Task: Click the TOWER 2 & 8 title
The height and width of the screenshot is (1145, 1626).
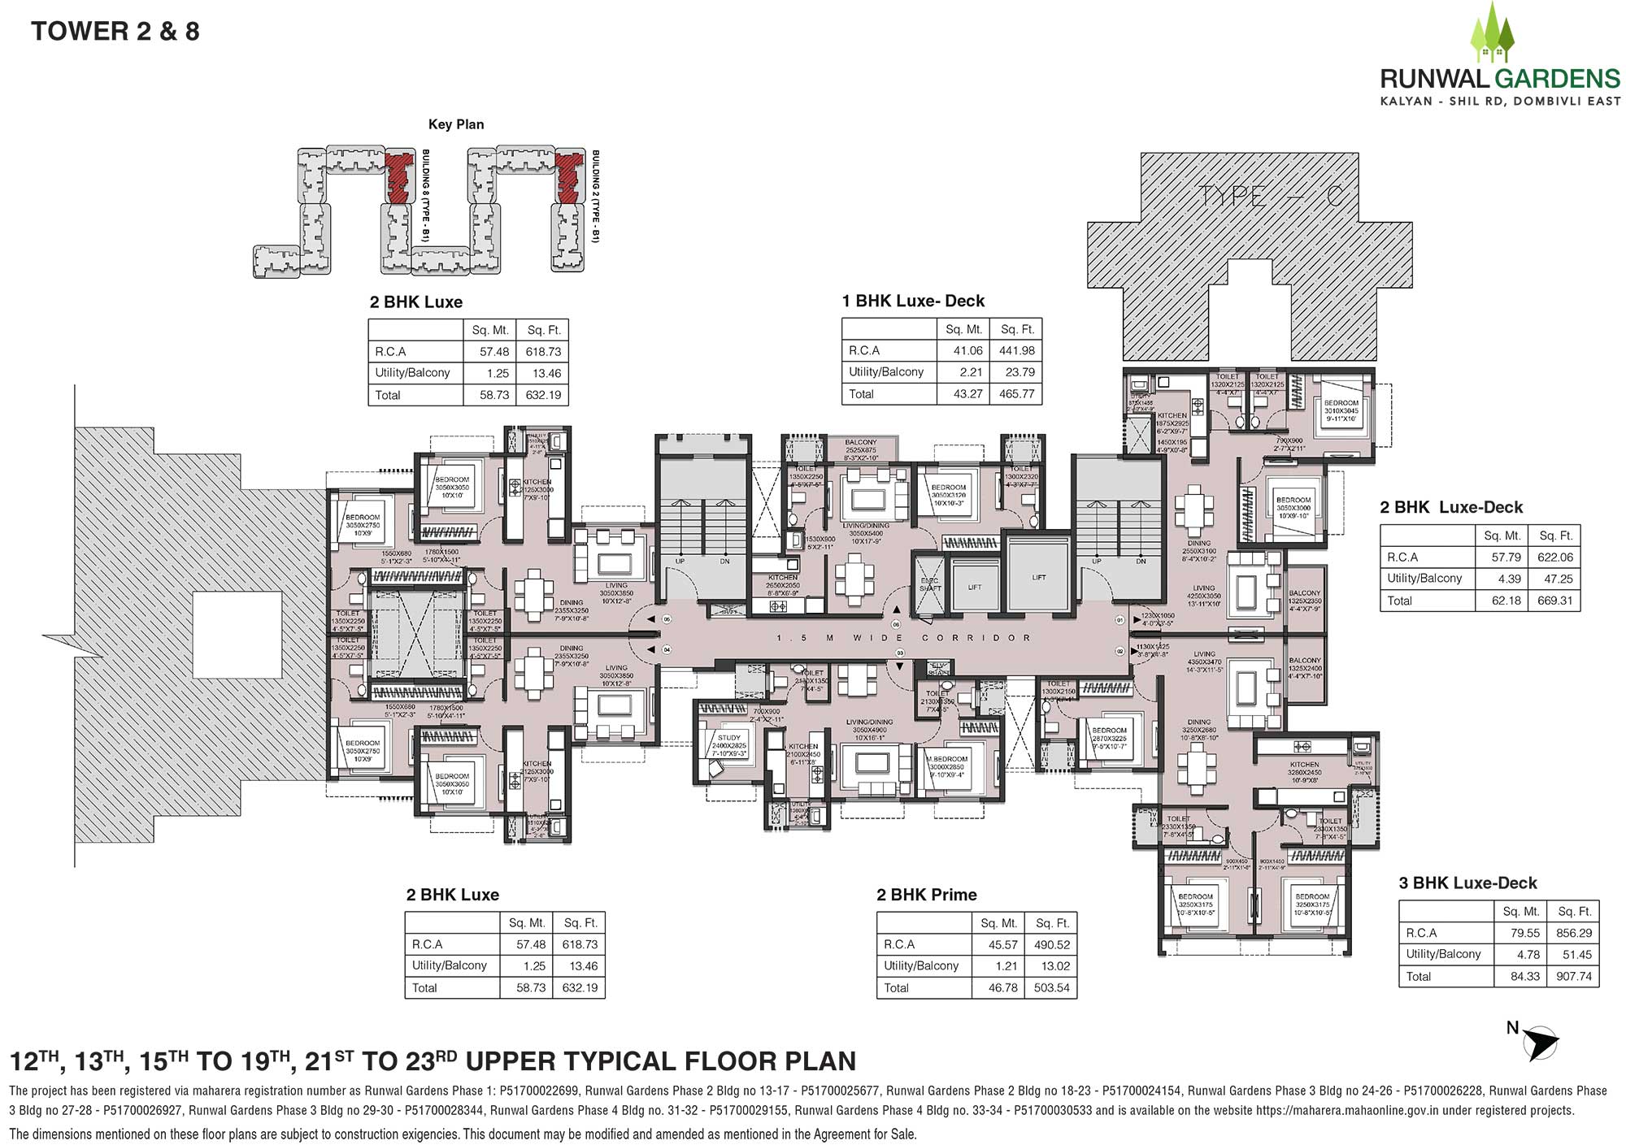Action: coord(115,32)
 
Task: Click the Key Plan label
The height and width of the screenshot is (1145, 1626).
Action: coord(456,124)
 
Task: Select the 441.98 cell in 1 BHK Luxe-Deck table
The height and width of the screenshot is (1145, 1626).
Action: coord(1017,350)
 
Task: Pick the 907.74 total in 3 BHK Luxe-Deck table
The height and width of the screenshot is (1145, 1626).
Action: coord(1573,976)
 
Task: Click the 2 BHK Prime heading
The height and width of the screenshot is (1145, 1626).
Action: coord(926,895)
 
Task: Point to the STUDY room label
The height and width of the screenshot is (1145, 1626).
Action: coord(728,738)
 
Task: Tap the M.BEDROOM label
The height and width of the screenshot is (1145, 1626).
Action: coord(947,759)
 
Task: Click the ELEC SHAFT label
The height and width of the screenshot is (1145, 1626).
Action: coord(929,584)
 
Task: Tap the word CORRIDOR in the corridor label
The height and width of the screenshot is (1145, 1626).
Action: coord(976,638)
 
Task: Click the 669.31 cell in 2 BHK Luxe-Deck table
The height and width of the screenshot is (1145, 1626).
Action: coord(1554,601)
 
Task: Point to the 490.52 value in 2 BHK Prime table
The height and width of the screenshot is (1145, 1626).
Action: coord(1052,944)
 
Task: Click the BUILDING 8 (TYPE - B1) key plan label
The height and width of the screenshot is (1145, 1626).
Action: coord(426,196)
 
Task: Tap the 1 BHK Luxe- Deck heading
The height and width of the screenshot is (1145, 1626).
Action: coord(913,301)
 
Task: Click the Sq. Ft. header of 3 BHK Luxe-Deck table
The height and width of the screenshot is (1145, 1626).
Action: coord(1573,911)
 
